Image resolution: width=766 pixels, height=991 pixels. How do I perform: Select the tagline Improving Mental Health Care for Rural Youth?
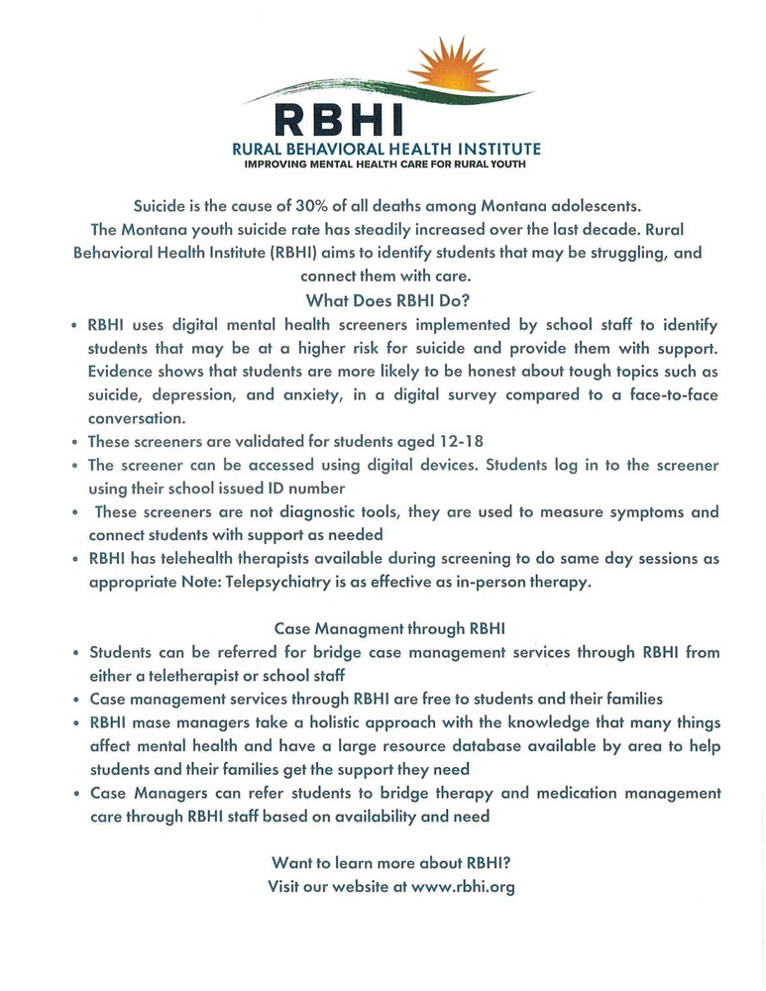click(386, 165)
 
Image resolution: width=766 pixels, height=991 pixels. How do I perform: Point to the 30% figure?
click(315, 206)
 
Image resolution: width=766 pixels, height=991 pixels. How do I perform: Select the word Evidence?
click(121, 372)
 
